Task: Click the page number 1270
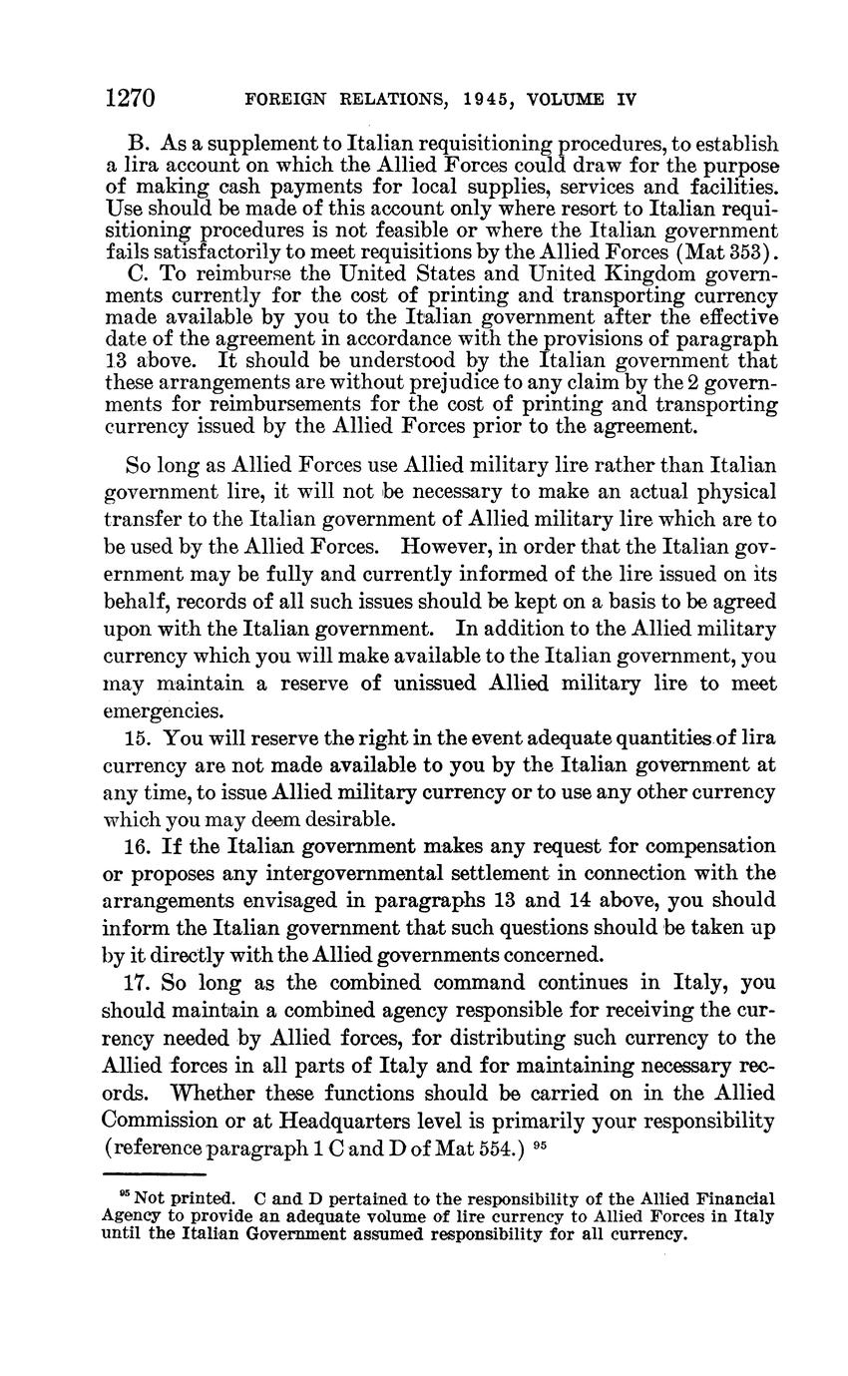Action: (x=130, y=98)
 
